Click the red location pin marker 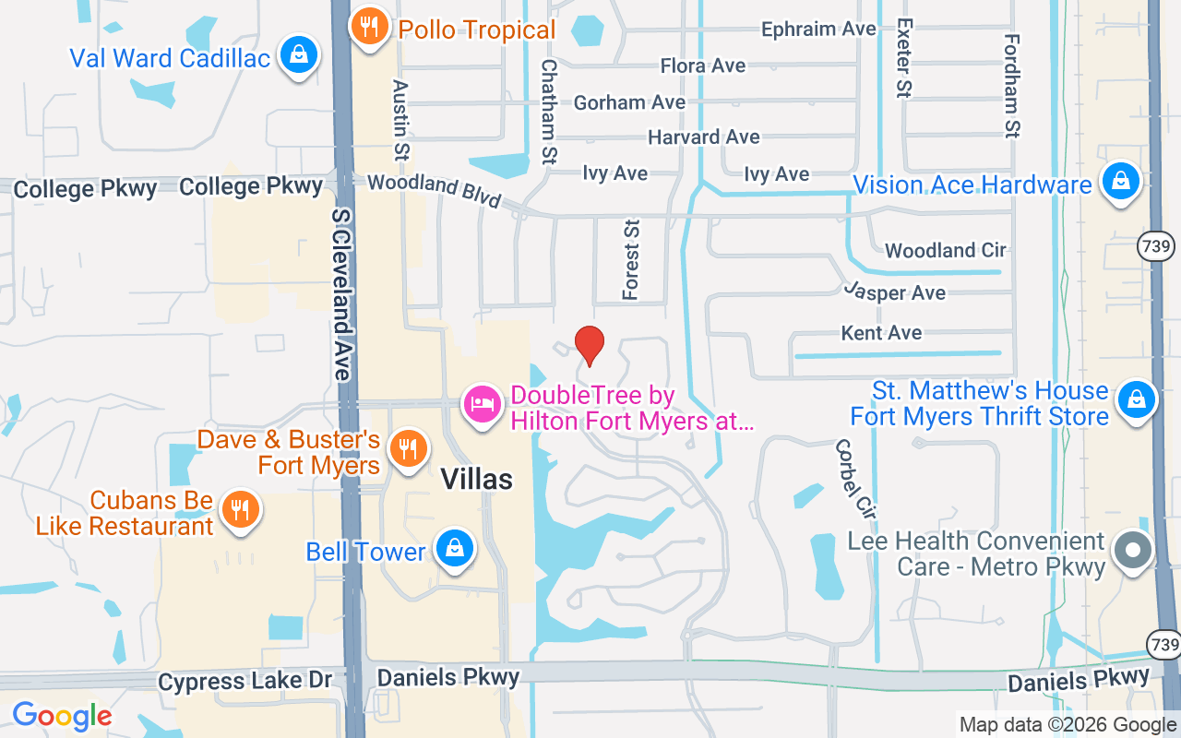coord(590,346)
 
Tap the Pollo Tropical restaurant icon coord(369,28)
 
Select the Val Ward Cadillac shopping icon coord(299,55)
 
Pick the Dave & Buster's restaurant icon coord(407,449)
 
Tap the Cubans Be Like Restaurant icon coord(241,508)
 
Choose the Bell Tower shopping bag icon coord(454,549)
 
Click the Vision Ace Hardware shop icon coord(1120,182)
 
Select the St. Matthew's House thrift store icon coord(1136,400)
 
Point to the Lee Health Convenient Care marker coord(1133,551)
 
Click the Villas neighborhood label coord(476,479)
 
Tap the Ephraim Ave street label coord(818,30)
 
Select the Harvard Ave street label coord(704,137)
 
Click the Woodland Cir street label coord(946,250)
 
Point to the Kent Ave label coord(881,332)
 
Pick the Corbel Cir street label coord(853,478)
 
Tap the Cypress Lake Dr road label coord(245,682)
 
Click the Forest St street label coord(632,259)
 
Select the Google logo coord(62,715)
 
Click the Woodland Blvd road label coord(434,190)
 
